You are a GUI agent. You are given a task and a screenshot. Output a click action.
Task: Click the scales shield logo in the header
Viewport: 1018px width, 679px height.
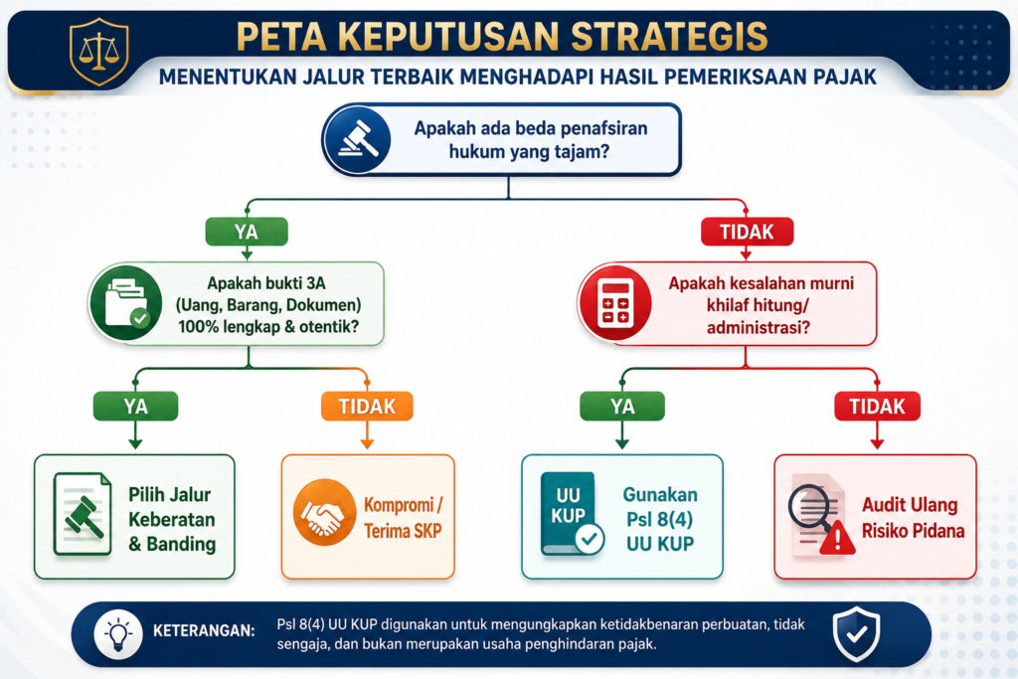point(98,52)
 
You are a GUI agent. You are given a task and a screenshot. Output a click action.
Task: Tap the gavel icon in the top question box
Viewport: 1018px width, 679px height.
point(358,139)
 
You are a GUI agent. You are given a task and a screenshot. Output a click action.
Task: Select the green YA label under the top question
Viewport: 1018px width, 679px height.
point(247,232)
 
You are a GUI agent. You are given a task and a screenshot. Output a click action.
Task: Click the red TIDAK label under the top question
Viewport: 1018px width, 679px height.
point(748,232)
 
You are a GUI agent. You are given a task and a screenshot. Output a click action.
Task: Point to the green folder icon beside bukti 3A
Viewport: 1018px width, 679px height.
point(126,303)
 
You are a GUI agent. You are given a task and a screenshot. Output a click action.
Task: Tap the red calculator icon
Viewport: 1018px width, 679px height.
point(615,303)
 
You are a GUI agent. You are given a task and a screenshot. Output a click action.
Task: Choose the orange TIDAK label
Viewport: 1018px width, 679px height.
point(367,407)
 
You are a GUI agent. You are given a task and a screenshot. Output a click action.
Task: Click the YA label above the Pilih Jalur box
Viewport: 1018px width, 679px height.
point(135,407)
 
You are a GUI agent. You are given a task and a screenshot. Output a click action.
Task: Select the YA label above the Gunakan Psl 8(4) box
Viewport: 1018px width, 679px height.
point(622,407)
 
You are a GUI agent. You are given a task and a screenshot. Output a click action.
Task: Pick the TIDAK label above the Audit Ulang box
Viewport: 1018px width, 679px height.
point(877,407)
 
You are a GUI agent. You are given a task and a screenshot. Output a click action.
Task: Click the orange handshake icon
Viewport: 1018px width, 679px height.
point(324,512)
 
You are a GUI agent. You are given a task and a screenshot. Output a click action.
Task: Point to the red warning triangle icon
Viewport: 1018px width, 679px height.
point(837,538)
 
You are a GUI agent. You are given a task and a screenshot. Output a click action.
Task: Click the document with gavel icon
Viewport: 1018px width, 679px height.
point(83,514)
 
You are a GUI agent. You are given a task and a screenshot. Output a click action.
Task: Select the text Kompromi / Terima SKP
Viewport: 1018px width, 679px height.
point(404,518)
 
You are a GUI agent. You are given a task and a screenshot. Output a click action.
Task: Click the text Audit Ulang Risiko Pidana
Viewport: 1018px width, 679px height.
point(913,518)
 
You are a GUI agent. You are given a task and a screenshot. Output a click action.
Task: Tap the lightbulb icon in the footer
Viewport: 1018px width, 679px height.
point(118,634)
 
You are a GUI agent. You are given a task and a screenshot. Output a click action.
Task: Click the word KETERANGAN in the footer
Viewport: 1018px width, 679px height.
point(204,631)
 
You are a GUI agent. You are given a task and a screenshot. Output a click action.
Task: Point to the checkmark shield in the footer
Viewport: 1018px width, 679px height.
point(857,634)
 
